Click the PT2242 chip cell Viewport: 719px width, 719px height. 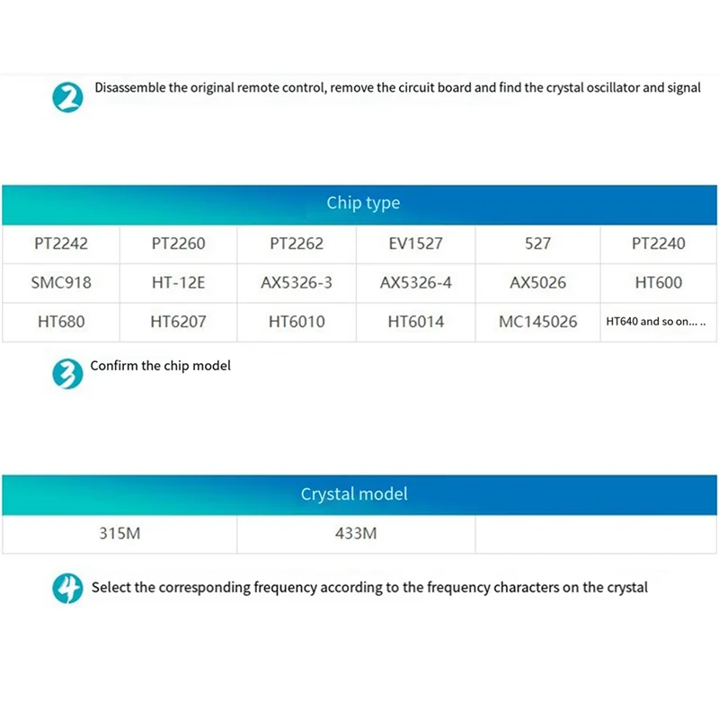tap(61, 243)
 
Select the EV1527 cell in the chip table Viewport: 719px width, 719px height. tap(415, 243)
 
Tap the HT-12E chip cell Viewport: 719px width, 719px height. tap(178, 282)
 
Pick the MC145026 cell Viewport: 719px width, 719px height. tap(537, 321)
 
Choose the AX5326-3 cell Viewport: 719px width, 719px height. tap(297, 282)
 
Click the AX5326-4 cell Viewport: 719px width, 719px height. tap(415, 282)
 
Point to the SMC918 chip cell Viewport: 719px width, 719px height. tap(61, 282)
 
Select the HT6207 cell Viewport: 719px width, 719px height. tap(178, 321)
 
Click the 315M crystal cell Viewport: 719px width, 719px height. tap(120, 533)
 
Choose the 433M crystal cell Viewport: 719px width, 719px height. tap(355, 533)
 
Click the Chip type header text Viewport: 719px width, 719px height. tap(363, 203)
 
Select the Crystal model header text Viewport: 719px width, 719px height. tap(354, 493)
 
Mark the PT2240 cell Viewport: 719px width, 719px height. tap(658, 243)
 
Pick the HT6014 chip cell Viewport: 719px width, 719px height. tap(415, 321)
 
